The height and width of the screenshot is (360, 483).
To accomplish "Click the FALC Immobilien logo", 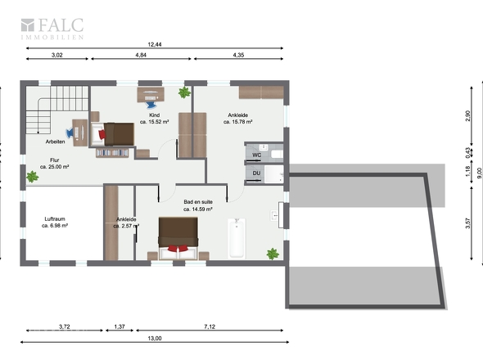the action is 52,29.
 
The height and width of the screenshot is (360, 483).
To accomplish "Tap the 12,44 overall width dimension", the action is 155,44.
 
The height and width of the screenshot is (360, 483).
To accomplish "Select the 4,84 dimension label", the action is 141,55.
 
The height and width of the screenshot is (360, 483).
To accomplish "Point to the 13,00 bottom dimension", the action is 155,338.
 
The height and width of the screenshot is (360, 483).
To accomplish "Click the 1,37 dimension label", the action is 120,326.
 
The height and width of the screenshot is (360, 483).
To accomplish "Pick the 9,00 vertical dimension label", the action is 478,173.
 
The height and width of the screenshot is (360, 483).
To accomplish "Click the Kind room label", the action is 155,115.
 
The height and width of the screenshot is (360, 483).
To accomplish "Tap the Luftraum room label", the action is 55,219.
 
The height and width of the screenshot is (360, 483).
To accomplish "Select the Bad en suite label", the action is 198,202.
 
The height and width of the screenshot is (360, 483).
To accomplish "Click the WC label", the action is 256,155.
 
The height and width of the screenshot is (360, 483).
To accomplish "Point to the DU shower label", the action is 256,173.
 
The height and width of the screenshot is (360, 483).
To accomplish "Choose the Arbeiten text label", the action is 55,142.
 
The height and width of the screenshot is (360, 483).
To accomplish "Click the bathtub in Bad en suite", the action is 237,238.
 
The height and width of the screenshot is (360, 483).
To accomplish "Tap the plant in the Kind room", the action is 184,92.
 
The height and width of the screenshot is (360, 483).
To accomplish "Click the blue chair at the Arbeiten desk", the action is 70,133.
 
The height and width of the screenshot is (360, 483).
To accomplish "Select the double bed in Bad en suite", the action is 178,238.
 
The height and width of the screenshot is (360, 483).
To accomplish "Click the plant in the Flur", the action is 33,177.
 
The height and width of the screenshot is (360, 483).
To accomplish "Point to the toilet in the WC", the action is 277,154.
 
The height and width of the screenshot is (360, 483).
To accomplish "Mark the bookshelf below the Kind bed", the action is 112,153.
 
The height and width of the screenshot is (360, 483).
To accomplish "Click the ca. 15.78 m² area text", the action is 237,122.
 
